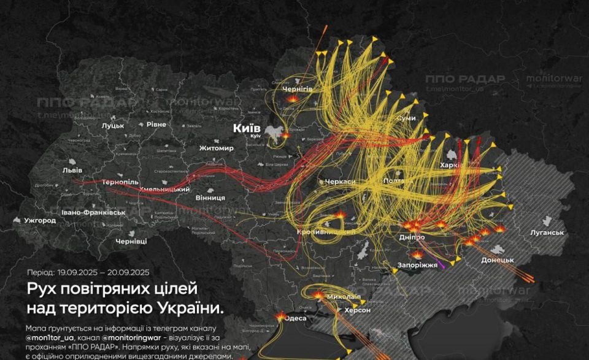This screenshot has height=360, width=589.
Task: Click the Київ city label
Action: [247, 128]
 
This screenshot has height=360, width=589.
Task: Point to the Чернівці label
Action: [131, 241]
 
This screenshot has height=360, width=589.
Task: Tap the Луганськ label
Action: [547, 232]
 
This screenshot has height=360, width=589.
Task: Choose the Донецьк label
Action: [497, 260]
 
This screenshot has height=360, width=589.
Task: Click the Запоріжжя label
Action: [418, 265]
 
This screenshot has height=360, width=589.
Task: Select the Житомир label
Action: [216, 148]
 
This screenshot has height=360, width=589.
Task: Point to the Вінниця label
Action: [209, 198]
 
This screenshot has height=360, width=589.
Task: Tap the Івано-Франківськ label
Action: [93, 212]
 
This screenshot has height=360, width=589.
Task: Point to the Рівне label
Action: [155, 124]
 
